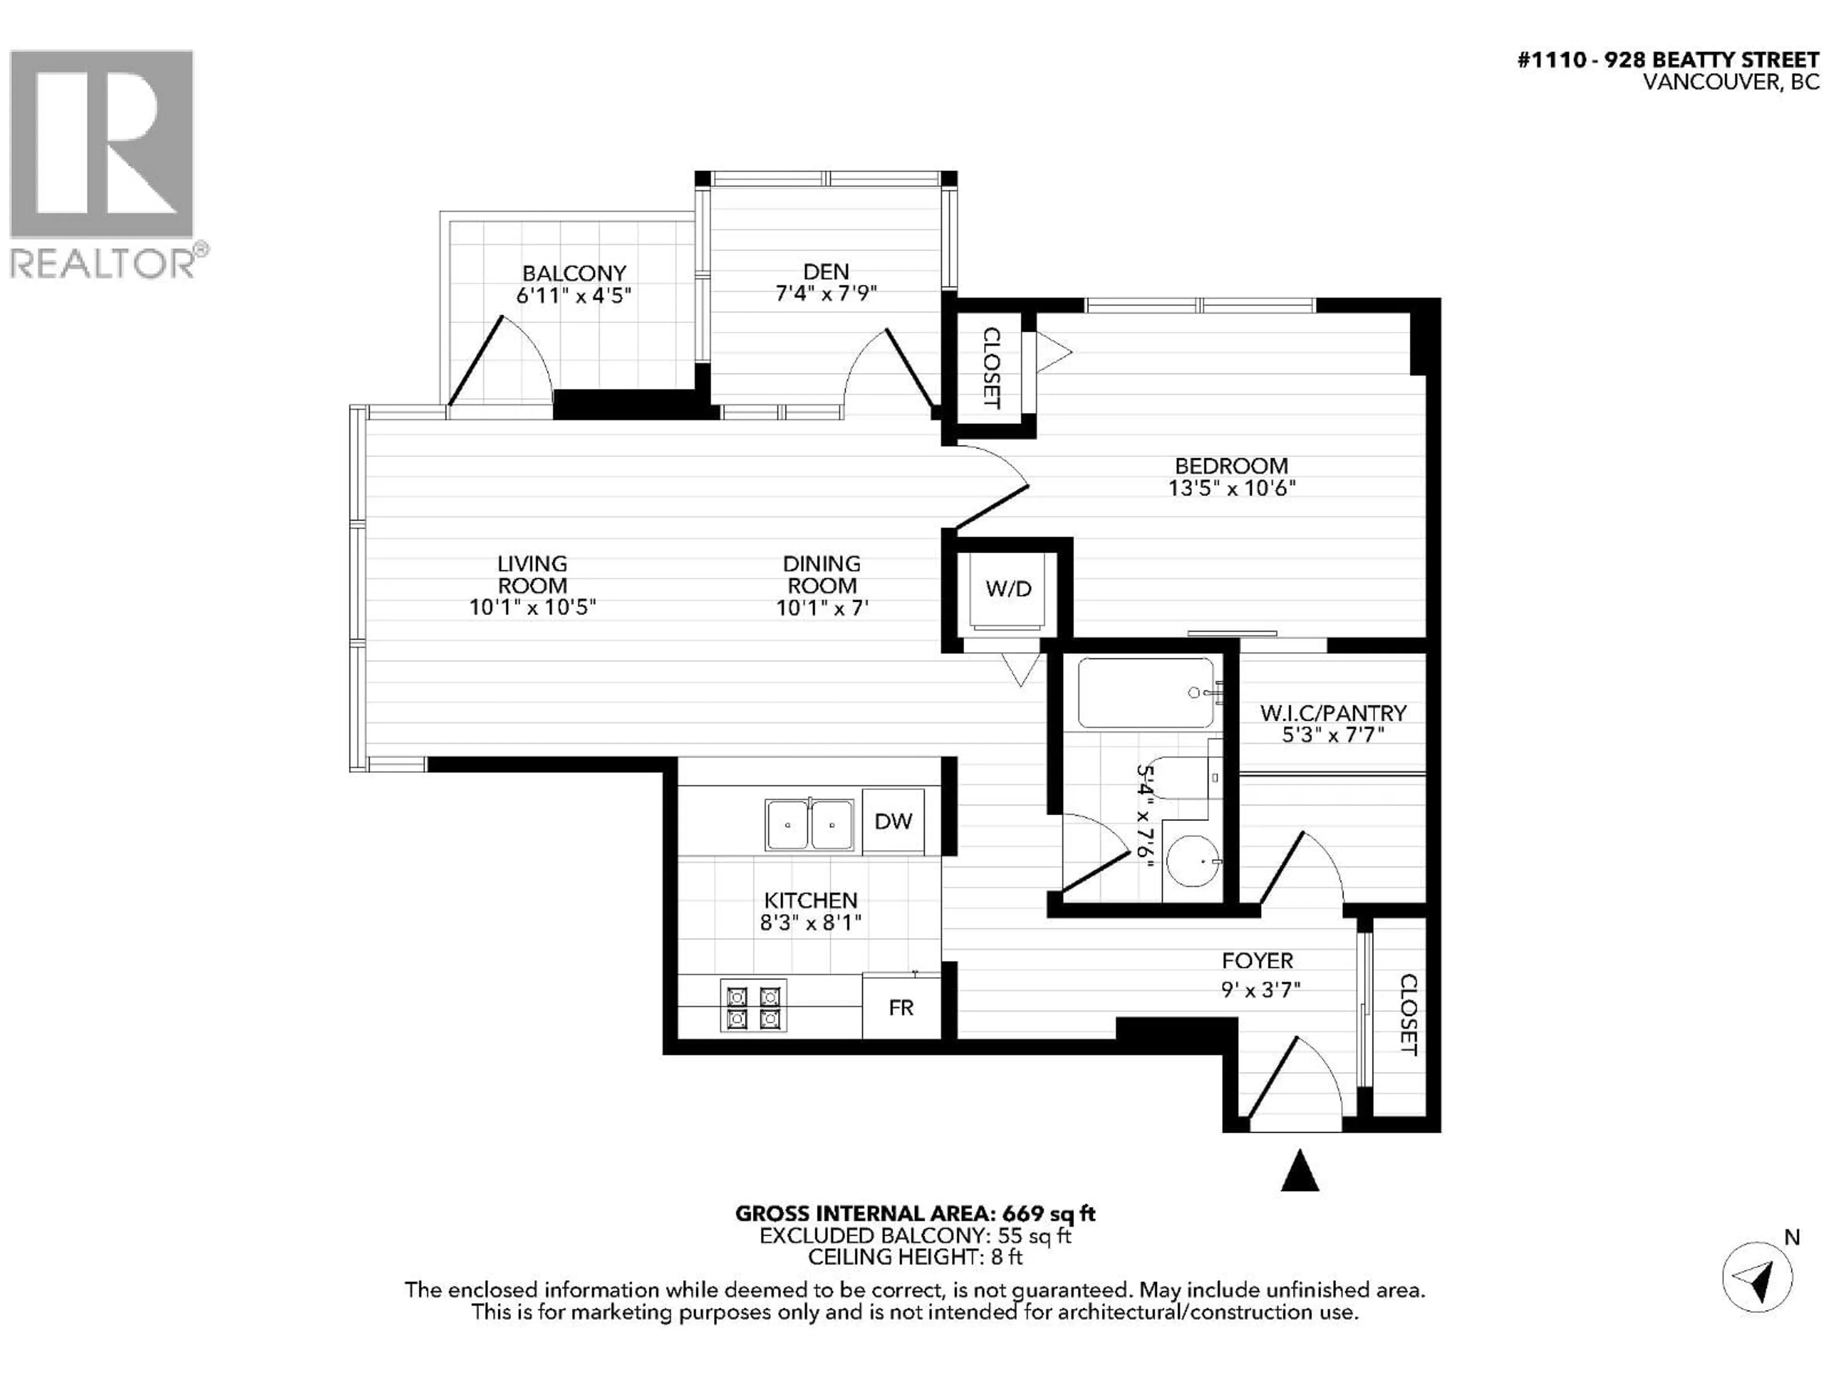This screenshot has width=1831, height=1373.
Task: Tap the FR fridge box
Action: tap(901, 1007)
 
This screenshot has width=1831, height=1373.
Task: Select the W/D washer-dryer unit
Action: tap(1008, 589)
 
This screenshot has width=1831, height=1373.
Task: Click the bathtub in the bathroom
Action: tap(1146, 693)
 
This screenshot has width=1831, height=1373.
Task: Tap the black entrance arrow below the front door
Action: tap(1299, 1170)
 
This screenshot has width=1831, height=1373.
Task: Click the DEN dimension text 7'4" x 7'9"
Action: tap(825, 294)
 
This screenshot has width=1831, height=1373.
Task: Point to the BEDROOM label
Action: tap(1231, 466)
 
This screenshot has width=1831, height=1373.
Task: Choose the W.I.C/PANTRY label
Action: tap(1333, 713)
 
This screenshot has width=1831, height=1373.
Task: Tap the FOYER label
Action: tap(1256, 961)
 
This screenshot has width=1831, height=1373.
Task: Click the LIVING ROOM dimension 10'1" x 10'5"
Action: tap(532, 607)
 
